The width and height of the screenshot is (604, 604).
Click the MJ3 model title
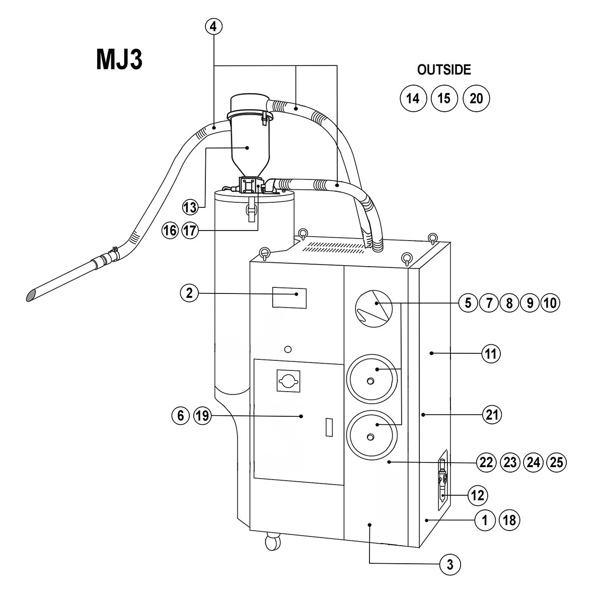pyautogui.click(x=119, y=59)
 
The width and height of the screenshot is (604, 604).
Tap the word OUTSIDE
pyautogui.click(x=444, y=70)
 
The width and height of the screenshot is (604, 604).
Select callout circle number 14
pyautogui.click(x=413, y=98)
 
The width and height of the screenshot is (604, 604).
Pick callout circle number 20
pyautogui.click(x=476, y=98)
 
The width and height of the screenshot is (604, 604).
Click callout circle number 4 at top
pyautogui.click(x=213, y=27)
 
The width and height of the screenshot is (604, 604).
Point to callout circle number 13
pyautogui.click(x=190, y=207)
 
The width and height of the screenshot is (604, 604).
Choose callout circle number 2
pyautogui.click(x=189, y=293)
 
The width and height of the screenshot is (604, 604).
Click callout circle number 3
pyautogui.click(x=450, y=564)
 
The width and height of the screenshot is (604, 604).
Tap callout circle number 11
pyautogui.click(x=491, y=354)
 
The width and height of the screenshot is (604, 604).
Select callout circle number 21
pyautogui.click(x=492, y=415)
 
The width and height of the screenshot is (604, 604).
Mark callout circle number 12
pyautogui.click(x=477, y=495)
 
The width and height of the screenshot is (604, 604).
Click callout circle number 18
pyautogui.click(x=509, y=520)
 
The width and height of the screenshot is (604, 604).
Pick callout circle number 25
pyautogui.click(x=556, y=462)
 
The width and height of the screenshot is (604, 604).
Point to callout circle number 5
pyautogui.click(x=468, y=303)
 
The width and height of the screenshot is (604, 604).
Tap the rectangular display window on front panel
pyautogui.click(x=289, y=297)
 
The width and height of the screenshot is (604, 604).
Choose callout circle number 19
pyautogui.click(x=202, y=416)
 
